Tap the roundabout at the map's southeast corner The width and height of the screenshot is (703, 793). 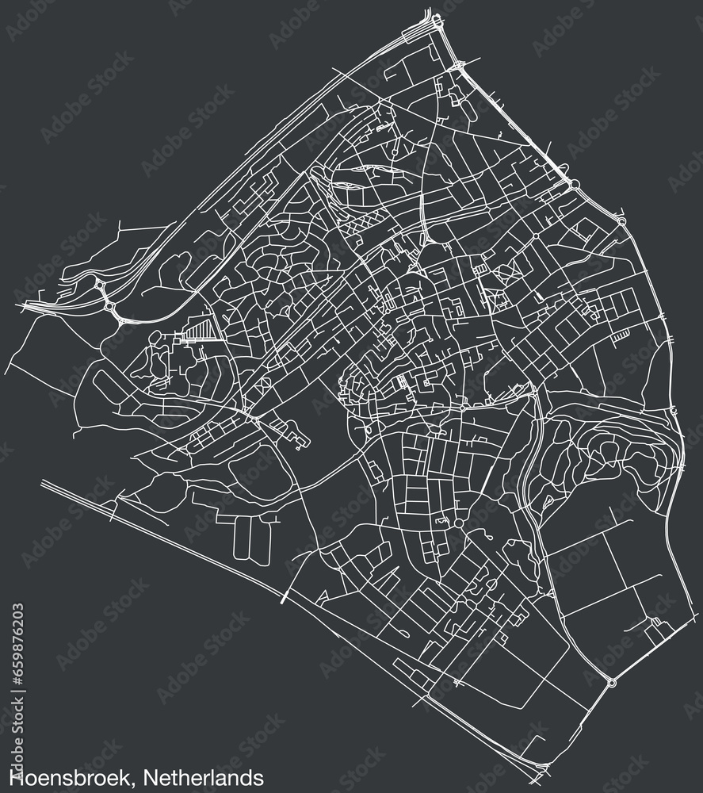click(x=611, y=681)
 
